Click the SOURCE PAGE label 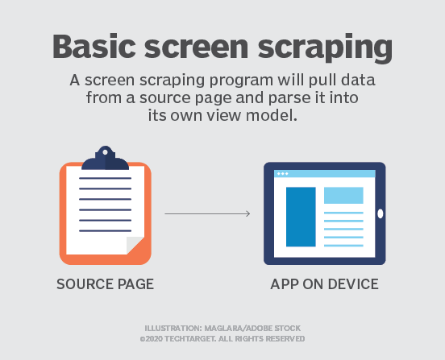click(x=105, y=284)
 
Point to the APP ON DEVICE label click(x=324, y=284)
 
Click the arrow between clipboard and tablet click(x=207, y=213)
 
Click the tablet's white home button click(x=380, y=213)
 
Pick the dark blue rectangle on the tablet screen click(x=300, y=216)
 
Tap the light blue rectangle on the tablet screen click(x=343, y=195)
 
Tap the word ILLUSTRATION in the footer click(x=172, y=329)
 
